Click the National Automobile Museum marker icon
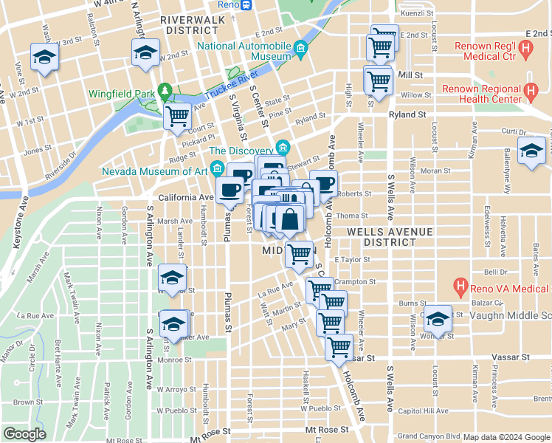[x=300, y=50]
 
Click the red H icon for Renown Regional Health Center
[x=530, y=93]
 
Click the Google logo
[x=24, y=434]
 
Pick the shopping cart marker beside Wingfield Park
[x=177, y=116]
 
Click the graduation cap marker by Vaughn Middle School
[x=438, y=319]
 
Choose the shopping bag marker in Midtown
[x=291, y=220]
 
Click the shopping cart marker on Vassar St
[x=339, y=346]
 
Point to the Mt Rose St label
[x=326, y=429]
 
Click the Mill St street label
[x=410, y=75]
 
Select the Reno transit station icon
[x=246, y=5]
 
